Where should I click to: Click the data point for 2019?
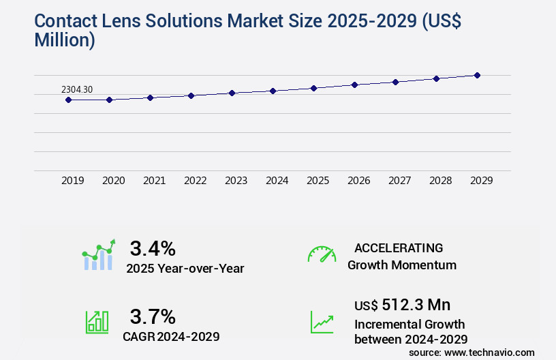pos(68,100)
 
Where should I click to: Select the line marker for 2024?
pos(273,91)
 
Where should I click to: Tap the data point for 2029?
pos(477,75)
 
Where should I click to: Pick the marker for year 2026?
pos(354,85)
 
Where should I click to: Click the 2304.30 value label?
pos(77,89)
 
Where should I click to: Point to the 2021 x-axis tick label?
pos(154,181)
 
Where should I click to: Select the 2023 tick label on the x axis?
pos(236,181)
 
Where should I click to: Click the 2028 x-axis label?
pos(440,181)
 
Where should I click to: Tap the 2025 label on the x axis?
pos(318,181)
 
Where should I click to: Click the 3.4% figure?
pos(153,247)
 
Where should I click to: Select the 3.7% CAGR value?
pos(153,316)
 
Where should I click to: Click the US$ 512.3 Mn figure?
pos(402,304)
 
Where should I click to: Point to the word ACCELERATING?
pos(399,247)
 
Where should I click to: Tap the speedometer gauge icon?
pos(322,254)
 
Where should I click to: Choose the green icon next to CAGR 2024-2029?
pos(97,322)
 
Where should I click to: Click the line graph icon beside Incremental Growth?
pos(322,322)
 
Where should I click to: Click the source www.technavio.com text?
pos(472,352)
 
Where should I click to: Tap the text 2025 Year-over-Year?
pos(185,269)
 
